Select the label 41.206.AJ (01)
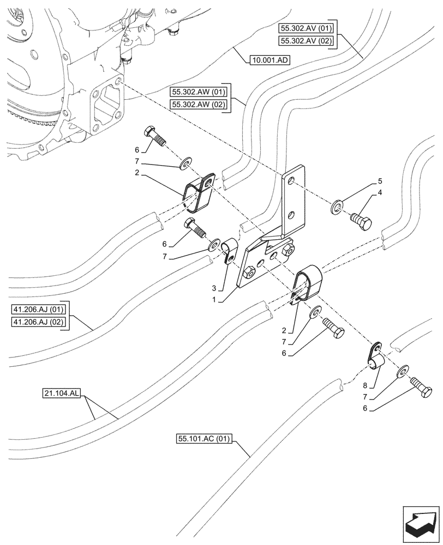pyautogui.click(x=38, y=310)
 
